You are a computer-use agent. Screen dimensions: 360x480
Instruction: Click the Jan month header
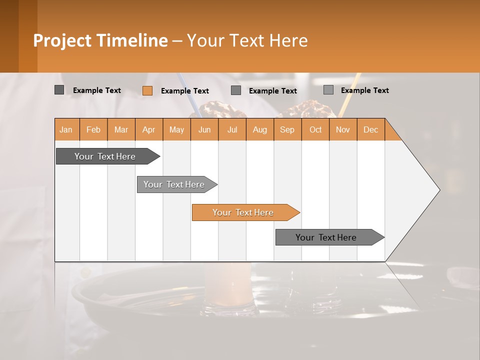[66, 129]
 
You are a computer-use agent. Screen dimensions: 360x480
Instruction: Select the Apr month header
[149, 129]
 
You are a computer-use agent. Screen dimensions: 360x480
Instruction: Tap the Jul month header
[232, 129]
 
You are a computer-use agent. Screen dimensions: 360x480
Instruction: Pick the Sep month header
[287, 129]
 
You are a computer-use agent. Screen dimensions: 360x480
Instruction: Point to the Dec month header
[370, 129]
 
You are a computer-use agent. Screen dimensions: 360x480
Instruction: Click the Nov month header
[342, 129]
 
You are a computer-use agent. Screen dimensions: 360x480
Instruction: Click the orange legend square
[147, 90]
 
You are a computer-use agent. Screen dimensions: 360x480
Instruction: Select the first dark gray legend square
[59, 90]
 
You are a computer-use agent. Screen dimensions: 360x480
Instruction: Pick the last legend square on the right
[328, 90]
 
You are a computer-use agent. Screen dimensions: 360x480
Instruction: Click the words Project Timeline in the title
[100, 40]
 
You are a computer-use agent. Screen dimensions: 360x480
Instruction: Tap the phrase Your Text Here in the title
[247, 40]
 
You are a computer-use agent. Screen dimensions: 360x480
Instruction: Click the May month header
[176, 129]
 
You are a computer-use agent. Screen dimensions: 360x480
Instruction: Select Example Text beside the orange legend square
[184, 90]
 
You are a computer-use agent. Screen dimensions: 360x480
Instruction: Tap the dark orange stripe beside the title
[28, 36]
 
